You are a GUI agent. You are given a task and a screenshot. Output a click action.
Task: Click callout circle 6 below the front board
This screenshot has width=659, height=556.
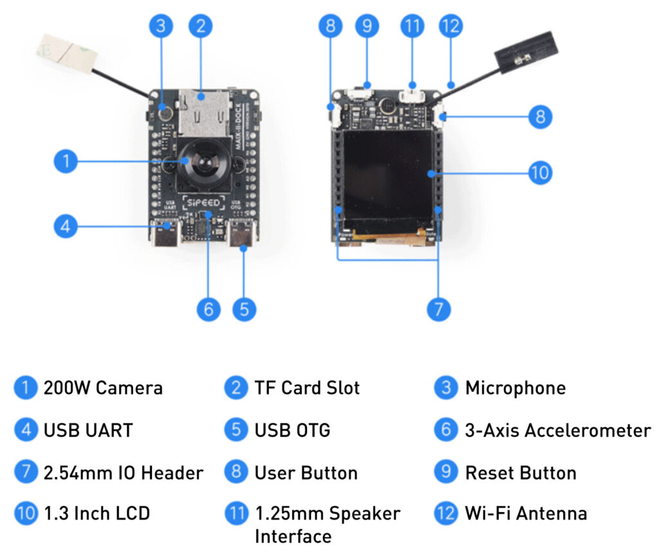(207, 309)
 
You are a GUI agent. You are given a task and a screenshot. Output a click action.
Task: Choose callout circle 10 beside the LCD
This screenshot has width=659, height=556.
(540, 173)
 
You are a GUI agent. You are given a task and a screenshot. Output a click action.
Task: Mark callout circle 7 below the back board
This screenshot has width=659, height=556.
(438, 309)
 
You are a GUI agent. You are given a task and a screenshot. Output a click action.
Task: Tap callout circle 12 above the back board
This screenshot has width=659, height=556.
(450, 26)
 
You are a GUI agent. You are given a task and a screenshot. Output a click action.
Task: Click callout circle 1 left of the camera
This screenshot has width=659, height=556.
(65, 161)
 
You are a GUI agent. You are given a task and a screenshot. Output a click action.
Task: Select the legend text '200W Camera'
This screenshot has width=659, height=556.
(103, 388)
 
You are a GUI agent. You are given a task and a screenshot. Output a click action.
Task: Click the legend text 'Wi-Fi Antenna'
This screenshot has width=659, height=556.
(526, 514)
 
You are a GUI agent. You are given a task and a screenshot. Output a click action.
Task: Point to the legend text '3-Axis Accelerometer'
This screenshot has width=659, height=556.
(557, 431)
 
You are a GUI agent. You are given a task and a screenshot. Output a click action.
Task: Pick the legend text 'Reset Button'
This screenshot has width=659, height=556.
(521, 473)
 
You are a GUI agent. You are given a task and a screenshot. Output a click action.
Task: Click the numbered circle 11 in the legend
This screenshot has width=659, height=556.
(236, 514)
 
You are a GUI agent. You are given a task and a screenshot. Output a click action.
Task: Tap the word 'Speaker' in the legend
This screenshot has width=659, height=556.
(364, 514)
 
